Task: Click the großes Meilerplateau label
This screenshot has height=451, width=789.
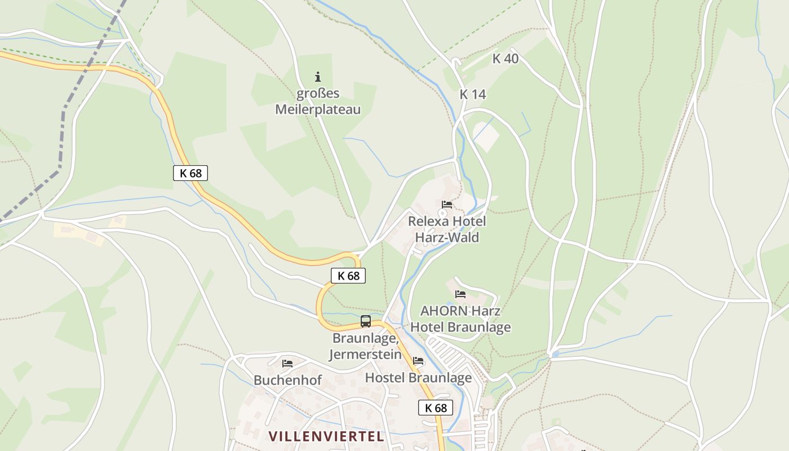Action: click(x=317, y=101)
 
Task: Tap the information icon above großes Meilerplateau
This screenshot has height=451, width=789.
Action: click(x=318, y=77)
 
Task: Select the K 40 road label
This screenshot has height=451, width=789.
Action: click(x=505, y=59)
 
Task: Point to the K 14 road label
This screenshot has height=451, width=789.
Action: click(x=472, y=95)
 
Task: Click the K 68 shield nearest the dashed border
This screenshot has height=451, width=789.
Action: click(x=190, y=173)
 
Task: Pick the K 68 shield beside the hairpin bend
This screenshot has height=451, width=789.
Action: click(x=348, y=276)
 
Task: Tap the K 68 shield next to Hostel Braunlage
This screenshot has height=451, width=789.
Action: click(x=436, y=408)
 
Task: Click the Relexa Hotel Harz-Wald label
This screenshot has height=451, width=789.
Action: click(x=447, y=229)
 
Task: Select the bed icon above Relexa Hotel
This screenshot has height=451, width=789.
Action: click(x=447, y=204)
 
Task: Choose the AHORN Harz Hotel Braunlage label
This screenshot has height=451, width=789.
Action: click(x=460, y=319)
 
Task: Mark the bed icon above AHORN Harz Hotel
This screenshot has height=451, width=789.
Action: click(x=460, y=294)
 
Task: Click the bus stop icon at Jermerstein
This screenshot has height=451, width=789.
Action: click(x=366, y=321)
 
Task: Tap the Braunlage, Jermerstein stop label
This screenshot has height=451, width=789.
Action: click(x=366, y=346)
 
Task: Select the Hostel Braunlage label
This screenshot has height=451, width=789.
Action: click(x=418, y=378)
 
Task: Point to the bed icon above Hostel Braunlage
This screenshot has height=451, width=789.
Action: click(x=418, y=361)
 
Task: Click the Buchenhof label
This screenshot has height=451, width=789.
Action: click(x=287, y=380)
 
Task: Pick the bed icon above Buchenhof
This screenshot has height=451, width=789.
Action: click(x=287, y=364)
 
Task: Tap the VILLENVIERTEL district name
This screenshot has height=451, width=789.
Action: click(x=326, y=436)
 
